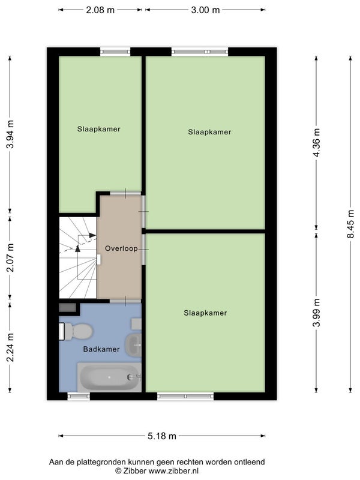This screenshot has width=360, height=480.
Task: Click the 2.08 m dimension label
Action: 100,10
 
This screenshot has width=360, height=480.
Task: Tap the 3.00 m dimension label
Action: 205,10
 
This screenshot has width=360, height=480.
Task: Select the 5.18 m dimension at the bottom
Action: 162,436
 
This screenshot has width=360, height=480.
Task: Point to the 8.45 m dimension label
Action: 351,224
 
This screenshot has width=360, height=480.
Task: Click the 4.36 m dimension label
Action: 317,143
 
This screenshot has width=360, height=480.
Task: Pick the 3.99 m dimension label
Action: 317,313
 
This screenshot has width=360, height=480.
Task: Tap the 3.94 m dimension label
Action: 10,134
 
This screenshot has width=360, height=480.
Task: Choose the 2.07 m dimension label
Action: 10,258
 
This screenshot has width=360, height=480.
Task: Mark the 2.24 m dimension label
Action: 10,347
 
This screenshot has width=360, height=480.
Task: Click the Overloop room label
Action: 121,248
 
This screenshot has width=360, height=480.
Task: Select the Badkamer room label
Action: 101,349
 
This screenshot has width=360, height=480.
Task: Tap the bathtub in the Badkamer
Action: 109,377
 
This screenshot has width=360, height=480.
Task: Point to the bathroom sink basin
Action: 133,346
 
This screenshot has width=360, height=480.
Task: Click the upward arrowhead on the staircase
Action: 78,248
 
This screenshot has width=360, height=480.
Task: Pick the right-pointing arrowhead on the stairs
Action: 92,235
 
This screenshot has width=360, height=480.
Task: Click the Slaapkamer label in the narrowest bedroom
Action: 98,129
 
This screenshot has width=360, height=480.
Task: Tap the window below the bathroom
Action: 79,397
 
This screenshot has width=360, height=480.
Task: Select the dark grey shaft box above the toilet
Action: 67,308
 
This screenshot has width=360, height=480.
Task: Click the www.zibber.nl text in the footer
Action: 173,470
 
